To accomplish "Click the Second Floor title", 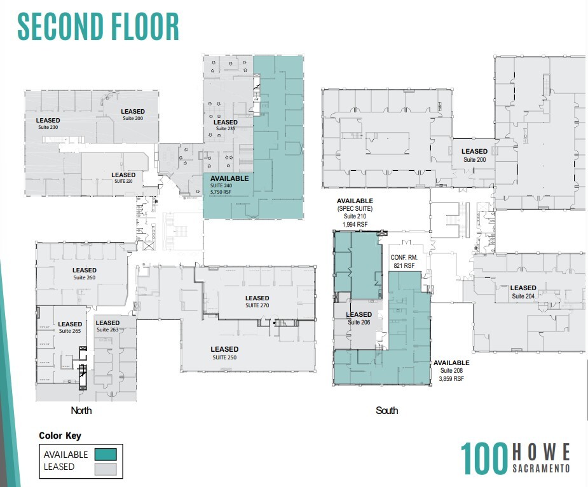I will (x=99, y=27).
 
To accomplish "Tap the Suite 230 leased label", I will (x=48, y=123).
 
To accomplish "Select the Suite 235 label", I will (x=226, y=125).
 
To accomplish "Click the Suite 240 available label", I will (x=229, y=183).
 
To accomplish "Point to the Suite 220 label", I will (x=123, y=178).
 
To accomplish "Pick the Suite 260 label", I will (x=84, y=274).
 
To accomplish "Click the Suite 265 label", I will (x=70, y=328).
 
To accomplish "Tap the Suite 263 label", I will (x=107, y=326).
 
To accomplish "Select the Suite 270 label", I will (x=257, y=302).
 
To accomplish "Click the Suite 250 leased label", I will (x=224, y=353).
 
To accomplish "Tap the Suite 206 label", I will (x=359, y=318).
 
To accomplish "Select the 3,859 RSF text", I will (x=452, y=378).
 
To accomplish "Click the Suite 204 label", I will (x=523, y=291).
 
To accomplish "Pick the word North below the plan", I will (x=81, y=410).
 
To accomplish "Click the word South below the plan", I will (x=386, y=410).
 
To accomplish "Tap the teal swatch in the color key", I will (x=105, y=454).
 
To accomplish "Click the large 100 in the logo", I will (x=484, y=458).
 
